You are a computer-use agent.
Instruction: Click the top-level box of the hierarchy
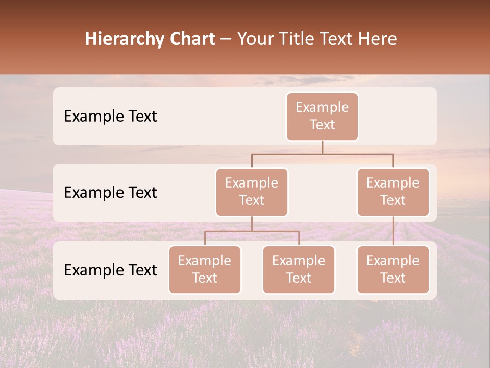pos(322,117)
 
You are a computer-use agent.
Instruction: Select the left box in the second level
pos(252,192)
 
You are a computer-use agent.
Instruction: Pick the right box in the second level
pos(393,192)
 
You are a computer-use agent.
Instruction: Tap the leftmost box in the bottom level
pos(205,270)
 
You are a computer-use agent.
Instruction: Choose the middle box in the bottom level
pos(299,270)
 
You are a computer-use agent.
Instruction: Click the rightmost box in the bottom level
pos(393,270)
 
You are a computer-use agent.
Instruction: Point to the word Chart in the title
pos(190,39)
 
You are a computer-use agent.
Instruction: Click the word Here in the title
pos(377,39)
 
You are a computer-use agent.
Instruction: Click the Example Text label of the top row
pos(110,116)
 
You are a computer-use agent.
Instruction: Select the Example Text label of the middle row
pos(110,192)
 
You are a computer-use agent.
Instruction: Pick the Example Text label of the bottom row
pos(110,270)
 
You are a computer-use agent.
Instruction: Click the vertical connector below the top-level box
pos(322,147)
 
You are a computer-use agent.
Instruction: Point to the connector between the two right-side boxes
pos(393,231)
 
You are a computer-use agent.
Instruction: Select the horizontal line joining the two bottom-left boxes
pos(252,231)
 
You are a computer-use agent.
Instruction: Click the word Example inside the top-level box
pos(322,107)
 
